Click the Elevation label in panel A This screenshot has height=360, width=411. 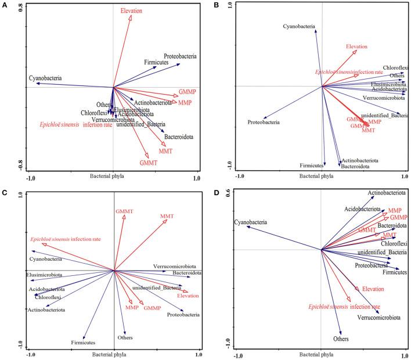(131, 11)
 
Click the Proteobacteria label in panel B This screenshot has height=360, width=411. (264, 123)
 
